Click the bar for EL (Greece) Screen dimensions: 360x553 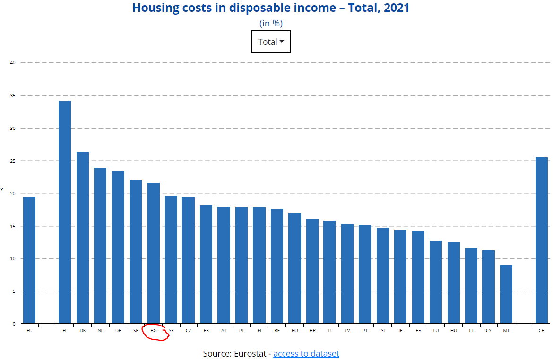coord(65,212)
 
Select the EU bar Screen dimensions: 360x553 coord(29,260)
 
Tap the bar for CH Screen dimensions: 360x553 coord(542,240)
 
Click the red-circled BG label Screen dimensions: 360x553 coord(154,331)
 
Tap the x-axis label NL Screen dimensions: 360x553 coord(100,331)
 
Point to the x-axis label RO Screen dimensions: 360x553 coord(295,331)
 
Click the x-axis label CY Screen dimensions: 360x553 coord(489,331)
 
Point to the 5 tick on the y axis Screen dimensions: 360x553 coord(13,291)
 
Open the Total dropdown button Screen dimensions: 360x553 coord(271,42)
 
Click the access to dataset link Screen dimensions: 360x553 coord(306,353)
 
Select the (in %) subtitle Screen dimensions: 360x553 coord(271,23)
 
